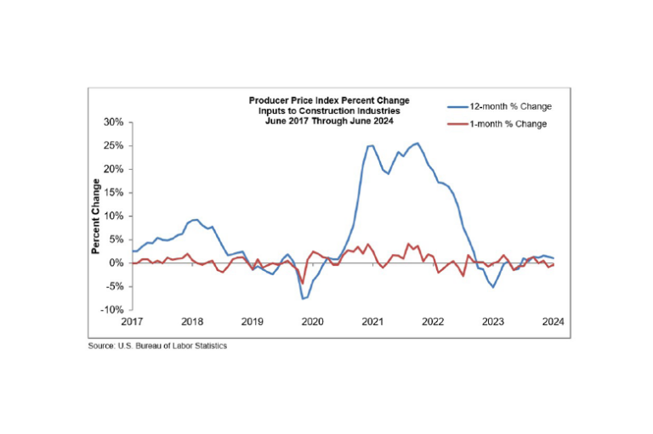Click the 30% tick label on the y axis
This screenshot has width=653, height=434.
click(113, 121)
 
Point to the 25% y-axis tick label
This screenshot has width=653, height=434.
click(113, 145)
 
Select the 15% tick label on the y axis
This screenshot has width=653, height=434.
click(113, 192)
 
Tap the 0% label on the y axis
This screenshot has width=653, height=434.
click(116, 262)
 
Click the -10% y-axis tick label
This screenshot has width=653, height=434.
click(111, 310)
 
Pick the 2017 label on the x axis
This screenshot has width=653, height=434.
click(132, 322)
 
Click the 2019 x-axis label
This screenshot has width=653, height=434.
click(252, 322)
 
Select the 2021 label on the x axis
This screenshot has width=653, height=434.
click(372, 322)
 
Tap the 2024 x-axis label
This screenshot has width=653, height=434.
click(554, 322)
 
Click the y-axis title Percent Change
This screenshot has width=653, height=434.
click(96, 216)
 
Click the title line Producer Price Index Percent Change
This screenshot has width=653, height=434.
click(329, 100)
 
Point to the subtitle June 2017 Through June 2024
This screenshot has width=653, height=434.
click(329, 121)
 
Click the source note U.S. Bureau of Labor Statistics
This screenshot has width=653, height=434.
click(157, 347)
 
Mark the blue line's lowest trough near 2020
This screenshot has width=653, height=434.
click(302, 299)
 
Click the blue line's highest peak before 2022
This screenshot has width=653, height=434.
click(417, 143)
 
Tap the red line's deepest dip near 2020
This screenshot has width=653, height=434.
click(302, 283)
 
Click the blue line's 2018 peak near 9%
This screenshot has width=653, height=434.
click(196, 220)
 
